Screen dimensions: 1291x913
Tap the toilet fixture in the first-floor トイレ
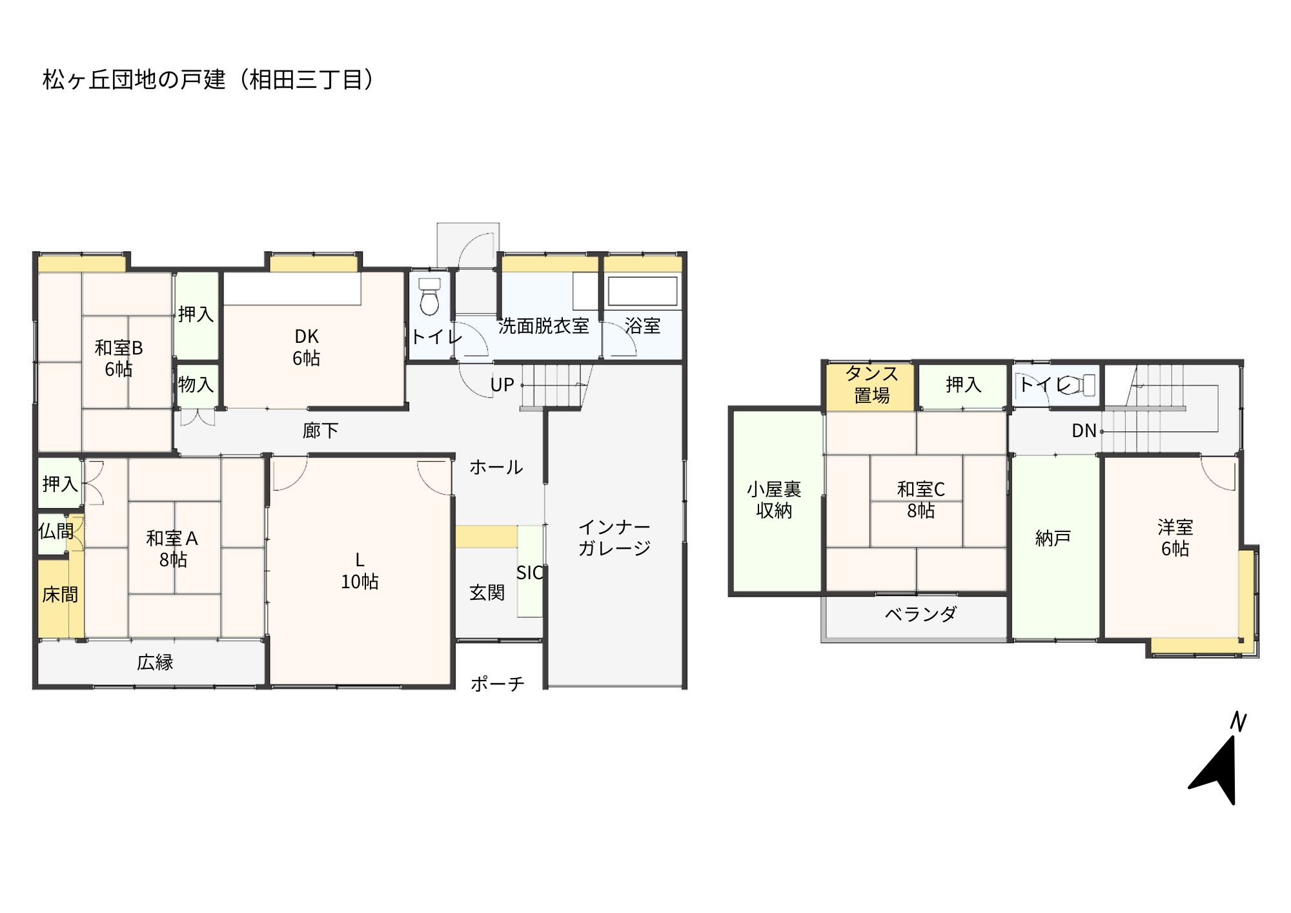coord(429,296)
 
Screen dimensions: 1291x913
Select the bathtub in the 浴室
coord(642,291)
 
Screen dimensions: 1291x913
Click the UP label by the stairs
coord(502,385)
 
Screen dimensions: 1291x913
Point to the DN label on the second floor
coord(1084,431)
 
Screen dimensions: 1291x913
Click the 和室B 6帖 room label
coord(119,358)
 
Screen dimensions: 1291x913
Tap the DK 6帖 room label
coord(307,347)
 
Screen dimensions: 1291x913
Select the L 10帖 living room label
coord(360,571)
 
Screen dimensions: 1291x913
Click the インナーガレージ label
coord(614,537)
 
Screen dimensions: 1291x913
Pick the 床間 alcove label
coord(60,594)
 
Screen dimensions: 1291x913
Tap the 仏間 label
coord(56,531)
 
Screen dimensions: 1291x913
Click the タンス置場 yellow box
coord(871,386)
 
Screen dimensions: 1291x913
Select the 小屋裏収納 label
coord(774,500)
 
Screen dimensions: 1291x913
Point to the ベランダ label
coord(920,613)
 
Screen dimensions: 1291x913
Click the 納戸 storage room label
coord(1053,538)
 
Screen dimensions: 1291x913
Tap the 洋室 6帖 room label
coord(1175,537)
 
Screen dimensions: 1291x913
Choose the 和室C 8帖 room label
coord(921,500)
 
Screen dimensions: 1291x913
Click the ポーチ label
coord(497,683)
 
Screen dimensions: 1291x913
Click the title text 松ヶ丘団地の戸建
coord(134,79)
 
